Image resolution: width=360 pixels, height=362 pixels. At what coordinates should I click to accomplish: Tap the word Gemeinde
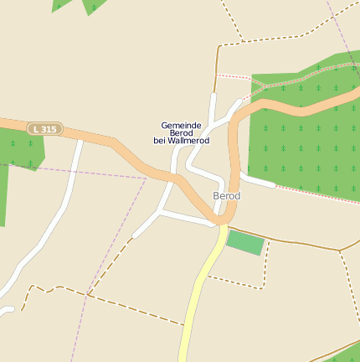(182, 125)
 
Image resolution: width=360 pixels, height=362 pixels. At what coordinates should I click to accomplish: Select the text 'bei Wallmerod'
(181, 141)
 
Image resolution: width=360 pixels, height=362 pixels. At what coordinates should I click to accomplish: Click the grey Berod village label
(226, 196)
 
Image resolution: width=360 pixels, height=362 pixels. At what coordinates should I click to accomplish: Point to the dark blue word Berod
(182, 133)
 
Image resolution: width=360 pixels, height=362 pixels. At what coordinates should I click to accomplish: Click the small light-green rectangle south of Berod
(246, 243)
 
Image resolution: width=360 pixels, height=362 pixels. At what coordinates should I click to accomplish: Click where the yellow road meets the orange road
(224, 225)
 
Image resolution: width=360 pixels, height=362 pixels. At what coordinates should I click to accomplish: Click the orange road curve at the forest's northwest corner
(243, 109)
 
